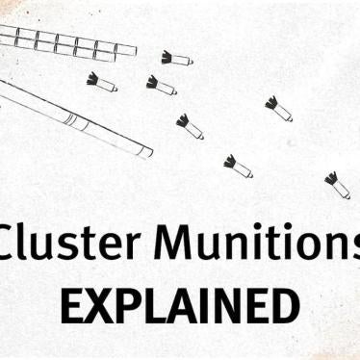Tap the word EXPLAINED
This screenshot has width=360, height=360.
point(178,305)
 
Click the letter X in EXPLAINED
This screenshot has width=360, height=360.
point(99,305)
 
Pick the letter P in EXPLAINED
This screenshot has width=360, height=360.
point(127,305)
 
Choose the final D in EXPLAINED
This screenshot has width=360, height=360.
point(282,305)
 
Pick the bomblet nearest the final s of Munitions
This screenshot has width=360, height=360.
point(337,184)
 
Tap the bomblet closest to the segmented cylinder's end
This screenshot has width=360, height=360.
point(176,59)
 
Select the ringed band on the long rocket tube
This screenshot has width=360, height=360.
point(70,119)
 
